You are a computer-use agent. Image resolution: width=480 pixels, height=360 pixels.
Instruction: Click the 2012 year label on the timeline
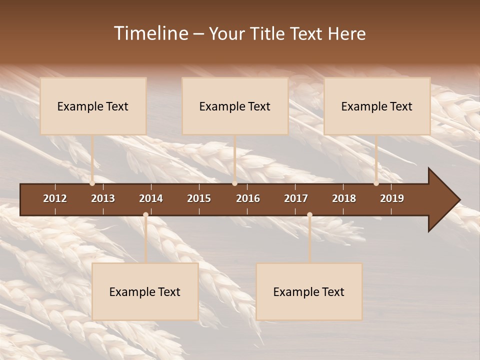pos(55,198)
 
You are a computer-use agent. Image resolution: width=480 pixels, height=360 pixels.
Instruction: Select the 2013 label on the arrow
pos(103,198)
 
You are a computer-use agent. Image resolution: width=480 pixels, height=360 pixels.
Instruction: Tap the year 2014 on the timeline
pos(151,198)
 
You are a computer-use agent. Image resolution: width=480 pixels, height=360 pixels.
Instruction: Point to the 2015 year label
pos(199,198)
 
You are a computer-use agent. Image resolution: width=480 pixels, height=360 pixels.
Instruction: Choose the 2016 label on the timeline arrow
pos(248,198)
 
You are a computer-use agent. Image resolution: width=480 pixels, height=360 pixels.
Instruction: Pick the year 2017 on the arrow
pos(296,198)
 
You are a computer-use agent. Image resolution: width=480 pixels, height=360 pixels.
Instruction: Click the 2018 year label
pos(344,198)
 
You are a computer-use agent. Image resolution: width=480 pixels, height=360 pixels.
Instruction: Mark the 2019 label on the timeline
pos(392,198)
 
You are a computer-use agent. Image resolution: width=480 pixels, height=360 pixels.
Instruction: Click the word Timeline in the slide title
pos(150,33)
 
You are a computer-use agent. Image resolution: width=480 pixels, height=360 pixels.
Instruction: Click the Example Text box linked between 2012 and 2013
pos(93,106)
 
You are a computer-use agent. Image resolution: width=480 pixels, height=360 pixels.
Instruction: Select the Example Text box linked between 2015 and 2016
pos(235,106)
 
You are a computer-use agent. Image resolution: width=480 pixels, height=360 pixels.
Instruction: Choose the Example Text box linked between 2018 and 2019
pos(377,106)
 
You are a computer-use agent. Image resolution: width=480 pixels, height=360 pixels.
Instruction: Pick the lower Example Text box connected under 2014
pos(145,291)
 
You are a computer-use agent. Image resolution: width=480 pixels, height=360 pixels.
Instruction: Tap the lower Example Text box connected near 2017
pos(309,291)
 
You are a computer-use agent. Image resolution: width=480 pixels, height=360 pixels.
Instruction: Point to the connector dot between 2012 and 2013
pos(92,183)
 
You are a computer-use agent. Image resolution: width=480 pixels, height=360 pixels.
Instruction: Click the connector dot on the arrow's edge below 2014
pos(145,215)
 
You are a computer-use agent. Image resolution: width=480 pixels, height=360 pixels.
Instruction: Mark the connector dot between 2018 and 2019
pos(376,183)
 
